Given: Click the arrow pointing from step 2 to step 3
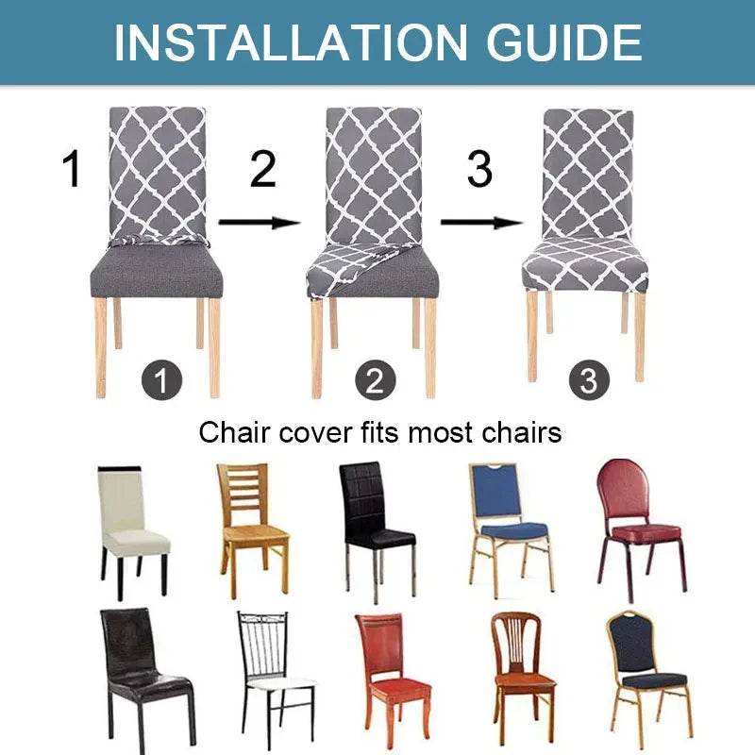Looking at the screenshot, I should pos(480,223).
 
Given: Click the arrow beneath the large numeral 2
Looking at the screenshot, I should pos(260,223).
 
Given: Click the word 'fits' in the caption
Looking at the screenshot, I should pos(377,432).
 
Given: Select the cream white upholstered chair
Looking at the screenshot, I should pos(132,528).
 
